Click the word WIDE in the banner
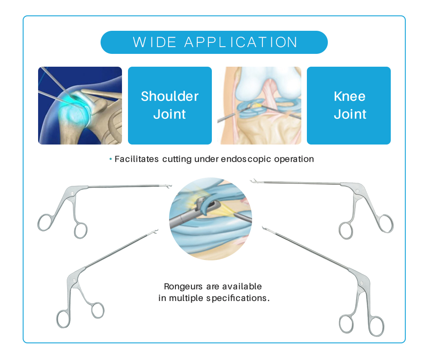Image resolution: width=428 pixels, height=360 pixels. pyautogui.click(x=155, y=42)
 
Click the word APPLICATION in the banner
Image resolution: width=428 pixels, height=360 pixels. pyautogui.click(x=241, y=42)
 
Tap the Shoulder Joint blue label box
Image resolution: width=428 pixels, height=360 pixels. pyautogui.click(x=170, y=106)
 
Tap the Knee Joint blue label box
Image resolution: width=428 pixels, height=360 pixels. pyautogui.click(x=348, y=106)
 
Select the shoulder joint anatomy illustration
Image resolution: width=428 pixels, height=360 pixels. pyautogui.click(x=80, y=106)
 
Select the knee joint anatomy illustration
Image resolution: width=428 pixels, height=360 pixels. pyautogui.click(x=259, y=106)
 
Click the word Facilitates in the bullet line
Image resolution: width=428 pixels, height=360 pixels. pyautogui.click(x=137, y=159)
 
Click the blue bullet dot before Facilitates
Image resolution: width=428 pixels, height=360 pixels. pyautogui.click(x=110, y=159)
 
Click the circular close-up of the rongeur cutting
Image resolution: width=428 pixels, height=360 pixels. pyautogui.click(x=211, y=219)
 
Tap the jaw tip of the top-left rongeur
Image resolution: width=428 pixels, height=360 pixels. pyautogui.click(x=170, y=186)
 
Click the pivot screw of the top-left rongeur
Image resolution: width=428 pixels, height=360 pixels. pyautogui.click(x=72, y=194)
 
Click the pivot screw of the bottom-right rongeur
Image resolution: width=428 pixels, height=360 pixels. pyautogui.click(x=361, y=283)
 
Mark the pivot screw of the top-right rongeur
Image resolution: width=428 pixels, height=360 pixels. pyautogui.click(x=357, y=191)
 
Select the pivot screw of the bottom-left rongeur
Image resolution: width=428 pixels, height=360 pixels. pyautogui.click(x=74, y=280)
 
